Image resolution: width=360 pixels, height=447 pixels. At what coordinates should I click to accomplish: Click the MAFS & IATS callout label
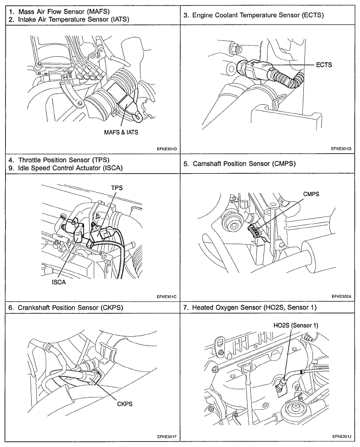[x=119, y=132]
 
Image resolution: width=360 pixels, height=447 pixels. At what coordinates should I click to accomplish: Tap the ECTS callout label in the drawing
[x=324, y=65]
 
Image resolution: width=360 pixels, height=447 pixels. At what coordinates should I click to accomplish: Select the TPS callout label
[x=117, y=187]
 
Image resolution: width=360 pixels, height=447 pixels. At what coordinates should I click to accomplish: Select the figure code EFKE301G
[x=342, y=149]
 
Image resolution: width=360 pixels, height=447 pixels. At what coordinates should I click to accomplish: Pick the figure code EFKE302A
[x=342, y=296]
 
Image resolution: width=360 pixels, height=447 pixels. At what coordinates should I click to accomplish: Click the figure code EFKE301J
[x=342, y=437]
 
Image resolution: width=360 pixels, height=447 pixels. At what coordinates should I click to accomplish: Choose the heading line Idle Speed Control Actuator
[x=65, y=168]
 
